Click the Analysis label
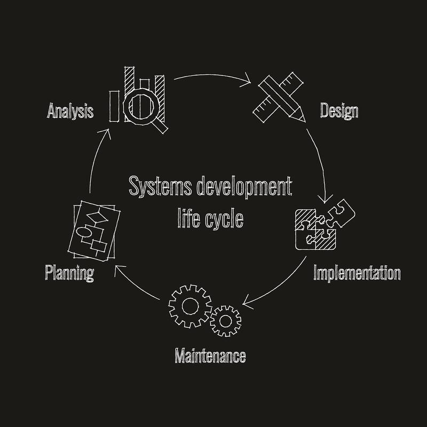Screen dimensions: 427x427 (70, 111)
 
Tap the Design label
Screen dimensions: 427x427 (339, 111)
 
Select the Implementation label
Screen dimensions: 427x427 (357, 273)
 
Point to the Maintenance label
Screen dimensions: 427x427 (210, 355)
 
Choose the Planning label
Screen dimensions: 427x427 (69, 273)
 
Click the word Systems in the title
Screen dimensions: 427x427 (161, 186)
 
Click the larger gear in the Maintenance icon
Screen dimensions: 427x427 (190, 306)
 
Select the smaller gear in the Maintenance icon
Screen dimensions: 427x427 (225, 321)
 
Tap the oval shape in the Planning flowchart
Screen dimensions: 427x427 (84, 232)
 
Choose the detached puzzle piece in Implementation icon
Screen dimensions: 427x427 (341, 213)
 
